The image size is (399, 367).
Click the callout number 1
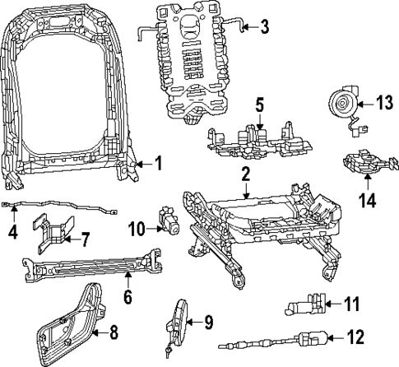[x=158, y=164]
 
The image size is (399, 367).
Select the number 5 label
[x=258, y=105]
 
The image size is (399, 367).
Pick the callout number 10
[x=137, y=228]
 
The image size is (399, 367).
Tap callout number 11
[x=351, y=305]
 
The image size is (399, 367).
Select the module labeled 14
[x=361, y=163]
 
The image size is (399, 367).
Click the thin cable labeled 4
[x=58, y=207]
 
